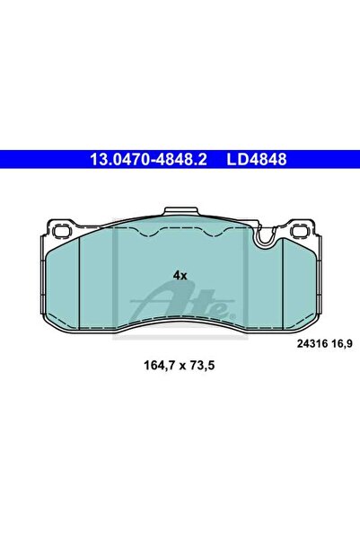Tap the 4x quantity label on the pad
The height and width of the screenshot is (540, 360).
pos(180,276)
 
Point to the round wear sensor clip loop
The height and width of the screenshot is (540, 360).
pos(265,238)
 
